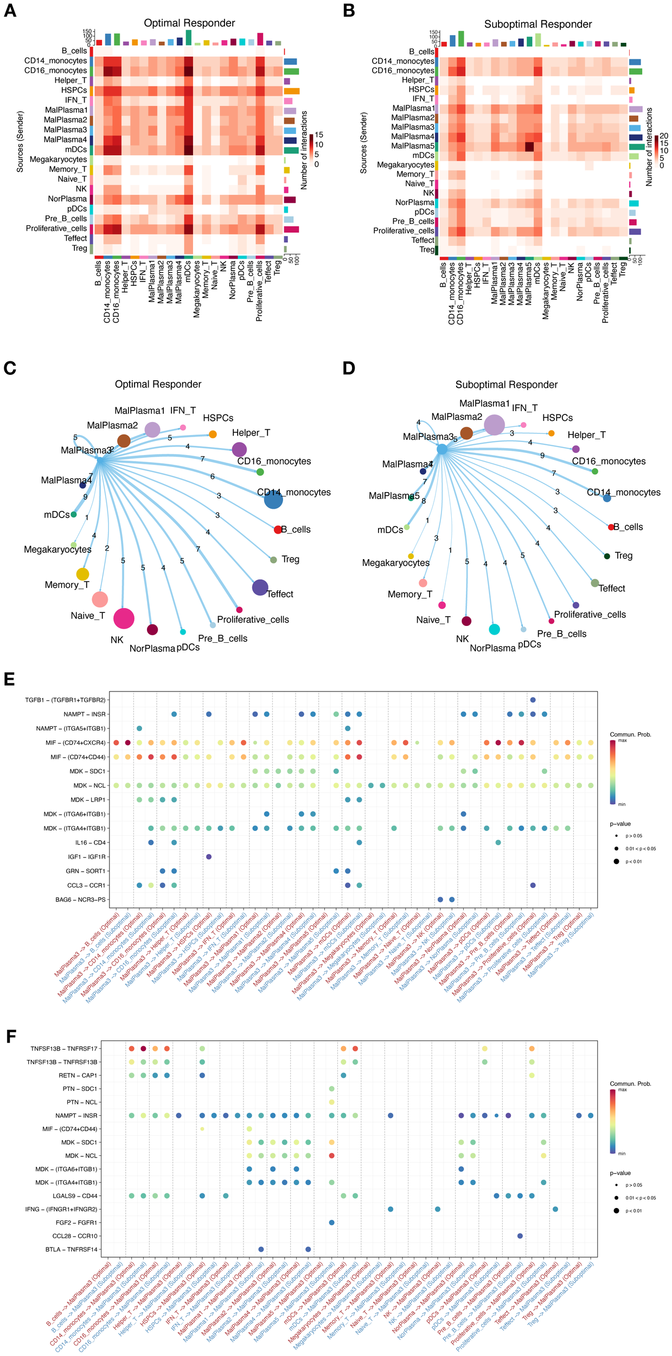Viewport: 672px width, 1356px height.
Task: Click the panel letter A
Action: coord(10,11)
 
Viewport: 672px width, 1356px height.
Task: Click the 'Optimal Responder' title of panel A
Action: coord(189,23)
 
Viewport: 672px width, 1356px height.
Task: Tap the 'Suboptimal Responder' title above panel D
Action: coord(506,385)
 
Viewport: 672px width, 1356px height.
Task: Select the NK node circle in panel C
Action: coord(124,618)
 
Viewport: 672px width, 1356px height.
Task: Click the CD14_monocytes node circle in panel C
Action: coord(273,500)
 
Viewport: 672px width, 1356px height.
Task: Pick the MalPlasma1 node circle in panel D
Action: coord(494,425)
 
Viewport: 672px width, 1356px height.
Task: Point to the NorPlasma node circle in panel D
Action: coord(494,629)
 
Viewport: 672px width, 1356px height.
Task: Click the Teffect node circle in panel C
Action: coord(260,587)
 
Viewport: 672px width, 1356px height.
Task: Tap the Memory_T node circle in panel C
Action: coord(82,574)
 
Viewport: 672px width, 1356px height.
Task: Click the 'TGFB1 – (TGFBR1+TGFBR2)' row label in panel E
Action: coord(65,700)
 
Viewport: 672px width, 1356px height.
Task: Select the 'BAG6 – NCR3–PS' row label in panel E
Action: coord(80,899)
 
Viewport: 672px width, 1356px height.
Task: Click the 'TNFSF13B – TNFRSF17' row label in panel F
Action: coord(64,1049)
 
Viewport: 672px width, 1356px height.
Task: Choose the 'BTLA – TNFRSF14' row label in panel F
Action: coord(72,1249)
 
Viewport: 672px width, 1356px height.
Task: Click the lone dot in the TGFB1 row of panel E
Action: coord(533,700)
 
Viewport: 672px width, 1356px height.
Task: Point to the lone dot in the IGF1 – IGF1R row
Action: coord(209,857)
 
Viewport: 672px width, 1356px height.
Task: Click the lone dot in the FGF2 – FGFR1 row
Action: coord(331,1223)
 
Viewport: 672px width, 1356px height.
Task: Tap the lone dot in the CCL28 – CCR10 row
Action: coord(520,1236)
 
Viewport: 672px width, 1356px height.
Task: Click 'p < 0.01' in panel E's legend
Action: coord(633,861)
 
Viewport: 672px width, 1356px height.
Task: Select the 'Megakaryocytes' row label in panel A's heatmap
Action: coord(58,159)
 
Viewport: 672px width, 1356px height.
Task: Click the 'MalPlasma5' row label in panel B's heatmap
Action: coord(412,146)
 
